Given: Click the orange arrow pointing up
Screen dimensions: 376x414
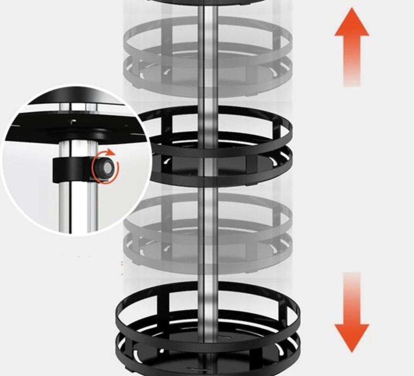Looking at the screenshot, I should (352, 49).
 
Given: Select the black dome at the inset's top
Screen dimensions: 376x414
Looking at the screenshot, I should (77, 96).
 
